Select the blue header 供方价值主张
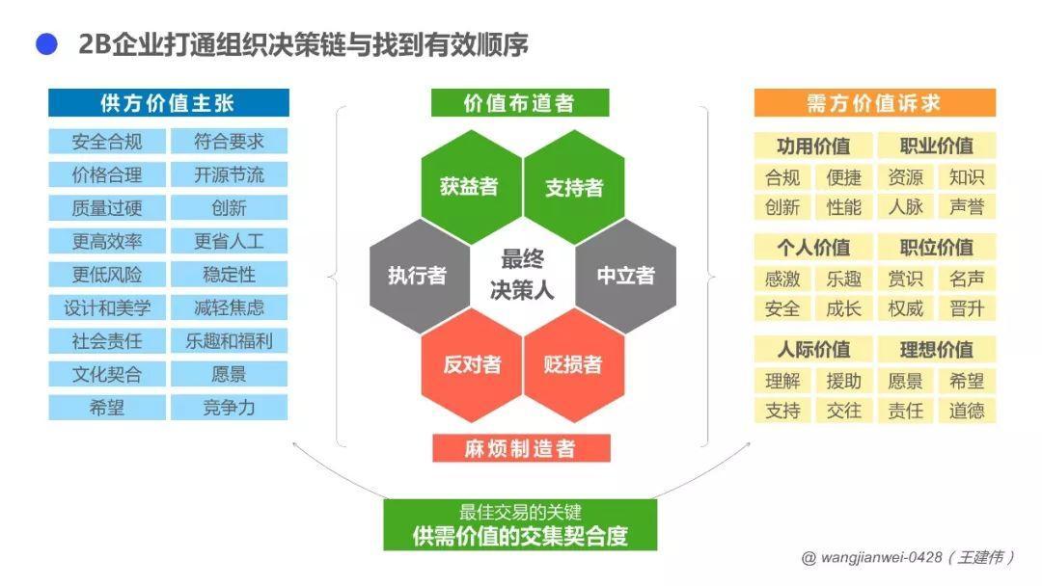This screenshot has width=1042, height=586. click(168, 103)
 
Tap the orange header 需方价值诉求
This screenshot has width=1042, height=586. click(874, 103)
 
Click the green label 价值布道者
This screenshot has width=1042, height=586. click(520, 103)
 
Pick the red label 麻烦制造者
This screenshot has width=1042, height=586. click(520, 448)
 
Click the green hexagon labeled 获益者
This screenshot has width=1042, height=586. click(469, 186)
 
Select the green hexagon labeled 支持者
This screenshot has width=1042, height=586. click(574, 186)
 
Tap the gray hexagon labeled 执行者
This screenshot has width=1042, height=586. click(417, 276)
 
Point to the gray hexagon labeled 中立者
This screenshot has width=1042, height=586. click(625, 276)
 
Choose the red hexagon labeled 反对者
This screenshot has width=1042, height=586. click(471, 364)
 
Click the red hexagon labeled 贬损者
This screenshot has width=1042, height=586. click(573, 364)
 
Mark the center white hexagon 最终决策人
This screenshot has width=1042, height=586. click(521, 275)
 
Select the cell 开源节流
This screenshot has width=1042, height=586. click(229, 174)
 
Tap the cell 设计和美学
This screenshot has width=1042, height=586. click(107, 307)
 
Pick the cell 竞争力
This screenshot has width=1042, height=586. click(229, 408)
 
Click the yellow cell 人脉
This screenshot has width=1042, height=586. click(905, 207)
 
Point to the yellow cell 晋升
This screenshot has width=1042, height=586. click(966, 308)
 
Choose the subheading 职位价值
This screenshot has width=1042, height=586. click(936, 248)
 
